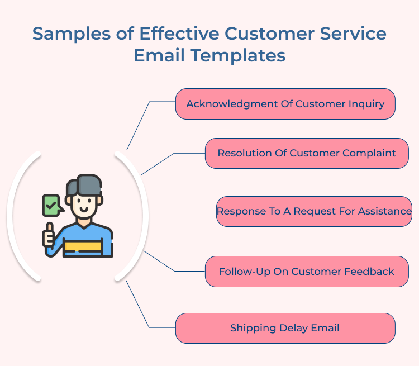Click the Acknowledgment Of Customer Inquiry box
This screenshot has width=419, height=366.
pyautogui.click(x=285, y=104)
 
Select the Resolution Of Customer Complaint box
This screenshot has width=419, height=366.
pyautogui.click(x=307, y=153)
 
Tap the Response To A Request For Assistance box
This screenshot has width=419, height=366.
pyautogui.click(x=314, y=211)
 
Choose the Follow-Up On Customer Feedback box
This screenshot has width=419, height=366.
pyautogui.click(x=306, y=272)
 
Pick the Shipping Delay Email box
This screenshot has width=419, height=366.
pyautogui.click(x=285, y=328)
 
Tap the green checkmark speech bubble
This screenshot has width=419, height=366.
pyautogui.click(x=51, y=205)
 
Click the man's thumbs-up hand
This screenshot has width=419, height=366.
pyautogui.click(x=49, y=235)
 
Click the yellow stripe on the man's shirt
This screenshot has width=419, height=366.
pyautogui.click(x=83, y=245)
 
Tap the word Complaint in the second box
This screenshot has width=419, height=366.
pyautogui.click(x=369, y=153)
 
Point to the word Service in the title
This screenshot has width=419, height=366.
pyautogui.click(x=354, y=34)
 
